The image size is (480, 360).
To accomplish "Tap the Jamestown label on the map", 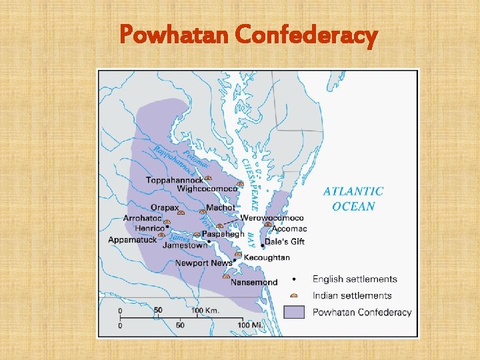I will pos(185,245).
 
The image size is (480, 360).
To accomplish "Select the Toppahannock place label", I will pos(174,180).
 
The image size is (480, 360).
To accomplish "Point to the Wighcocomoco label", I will pos(207,189).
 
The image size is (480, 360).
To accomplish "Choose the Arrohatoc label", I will pos(142,218).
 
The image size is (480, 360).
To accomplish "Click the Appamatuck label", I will pos(133,240).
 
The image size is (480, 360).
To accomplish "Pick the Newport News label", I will pos(203,263).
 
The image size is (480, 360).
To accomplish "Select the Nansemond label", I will pos(254,282).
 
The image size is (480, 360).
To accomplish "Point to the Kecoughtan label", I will pos(267,257).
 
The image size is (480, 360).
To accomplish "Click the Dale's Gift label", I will pos(285,241).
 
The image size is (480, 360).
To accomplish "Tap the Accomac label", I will pos(290,229).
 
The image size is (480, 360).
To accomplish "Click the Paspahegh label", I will pos(223,234).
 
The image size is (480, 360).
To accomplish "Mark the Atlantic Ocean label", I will pos(353,199).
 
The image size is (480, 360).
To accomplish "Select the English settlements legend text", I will pos(355,279).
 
